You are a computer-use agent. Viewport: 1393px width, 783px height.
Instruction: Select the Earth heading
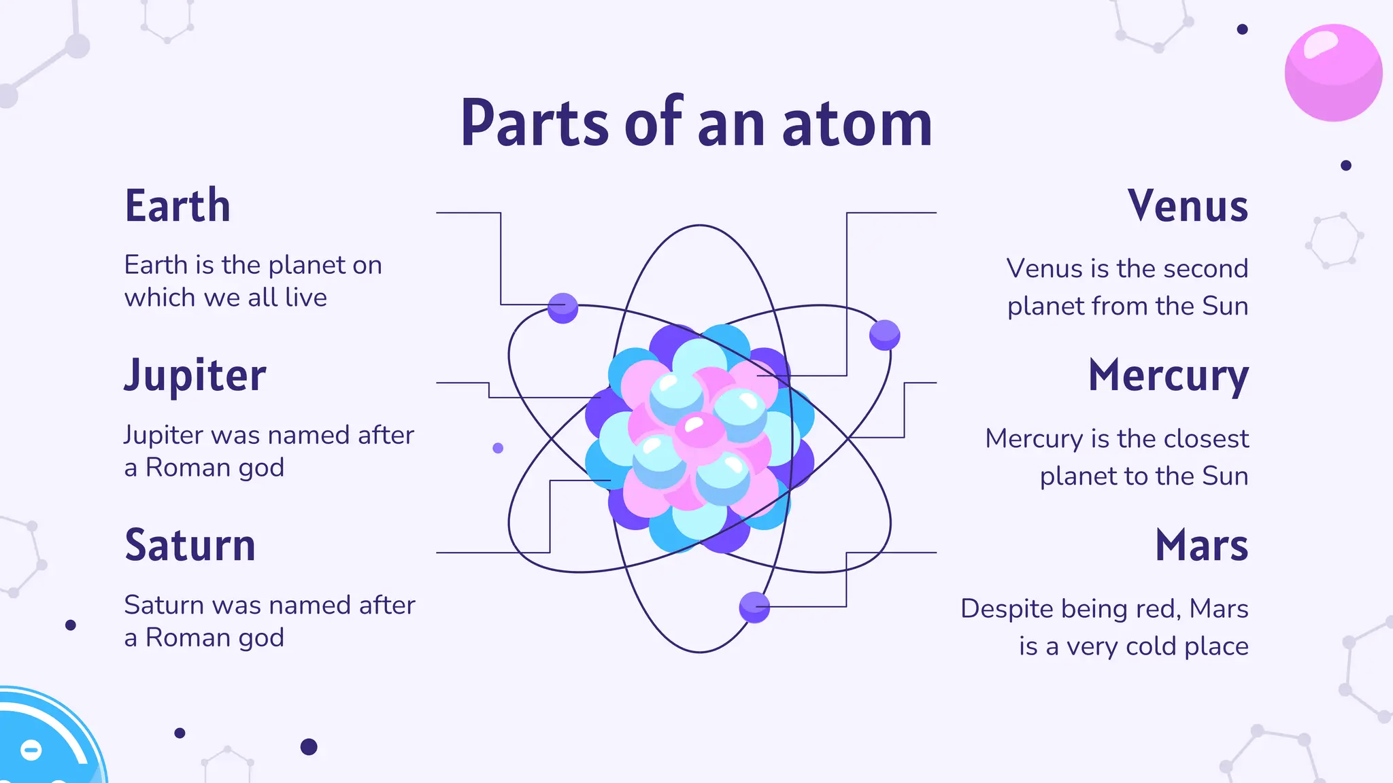coord(178,206)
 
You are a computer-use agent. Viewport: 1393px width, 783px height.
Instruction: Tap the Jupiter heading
coord(195,376)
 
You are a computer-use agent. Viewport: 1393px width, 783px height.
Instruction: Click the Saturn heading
coord(190,545)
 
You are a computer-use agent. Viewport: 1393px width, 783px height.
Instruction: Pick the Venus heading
coord(1188,206)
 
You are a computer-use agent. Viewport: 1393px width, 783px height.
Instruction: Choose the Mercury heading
coord(1168,376)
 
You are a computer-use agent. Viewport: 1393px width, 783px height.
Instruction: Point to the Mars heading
coord(1201,545)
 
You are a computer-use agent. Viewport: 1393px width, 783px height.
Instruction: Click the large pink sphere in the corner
coord(1333,73)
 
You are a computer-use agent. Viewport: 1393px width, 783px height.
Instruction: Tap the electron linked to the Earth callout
coord(563,309)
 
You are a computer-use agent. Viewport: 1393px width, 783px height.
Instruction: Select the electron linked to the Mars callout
coord(754,607)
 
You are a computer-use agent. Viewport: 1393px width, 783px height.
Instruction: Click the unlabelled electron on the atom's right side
coord(884,335)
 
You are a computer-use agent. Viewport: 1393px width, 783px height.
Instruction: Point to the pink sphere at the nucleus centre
coord(699,430)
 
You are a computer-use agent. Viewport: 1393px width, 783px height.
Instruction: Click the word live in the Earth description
coord(305,298)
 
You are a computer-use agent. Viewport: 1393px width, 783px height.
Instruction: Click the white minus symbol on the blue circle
coord(31,750)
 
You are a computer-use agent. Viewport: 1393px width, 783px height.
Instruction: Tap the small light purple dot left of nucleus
coord(498,448)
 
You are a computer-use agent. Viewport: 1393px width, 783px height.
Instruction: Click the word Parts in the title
coord(535,124)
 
